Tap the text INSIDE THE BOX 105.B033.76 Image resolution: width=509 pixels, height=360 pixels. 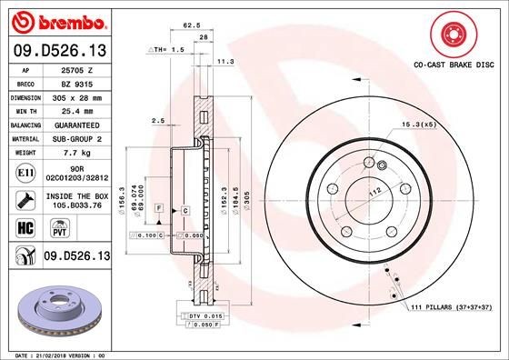pyautogui.click(x=72, y=199)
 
